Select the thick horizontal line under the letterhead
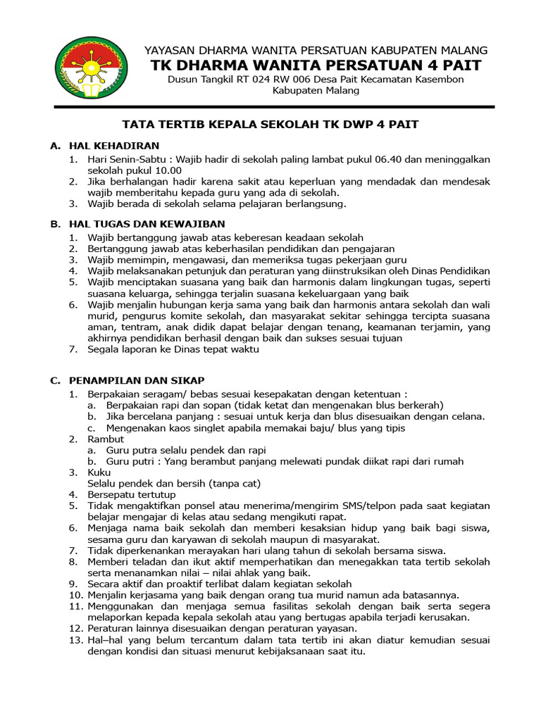[274, 106]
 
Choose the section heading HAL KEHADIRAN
[113, 146]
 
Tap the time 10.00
[168, 170]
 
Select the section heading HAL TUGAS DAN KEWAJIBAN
[147, 224]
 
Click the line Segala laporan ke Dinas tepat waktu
[173, 349]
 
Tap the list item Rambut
[106, 439]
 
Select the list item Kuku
[99, 472]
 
